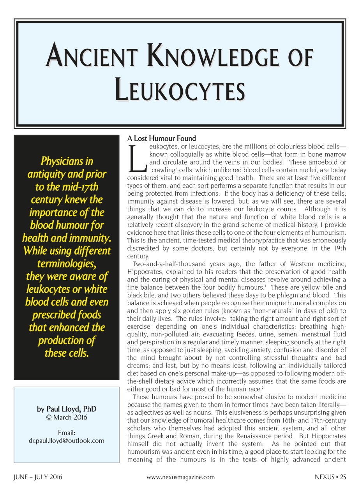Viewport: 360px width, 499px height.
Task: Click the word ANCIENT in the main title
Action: pos(93,57)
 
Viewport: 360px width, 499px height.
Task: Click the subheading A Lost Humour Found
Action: pos(162,138)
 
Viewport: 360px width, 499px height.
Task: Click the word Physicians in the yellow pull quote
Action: pos(67,161)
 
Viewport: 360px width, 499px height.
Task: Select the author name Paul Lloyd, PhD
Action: pos(66,409)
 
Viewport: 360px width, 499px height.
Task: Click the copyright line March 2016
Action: pos(66,418)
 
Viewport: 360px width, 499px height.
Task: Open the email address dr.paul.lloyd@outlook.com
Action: pos(66,441)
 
